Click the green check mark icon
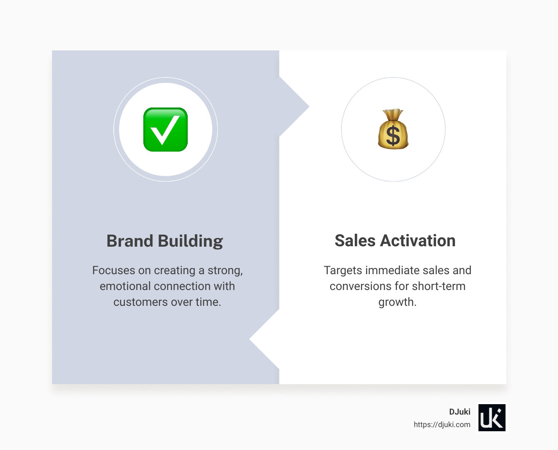pyautogui.click(x=165, y=130)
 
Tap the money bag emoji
pyautogui.click(x=393, y=130)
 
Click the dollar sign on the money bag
pyautogui.click(x=393, y=136)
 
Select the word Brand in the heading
pyautogui.click(x=130, y=241)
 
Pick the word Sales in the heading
pyautogui.click(x=355, y=240)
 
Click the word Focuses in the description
pyautogui.click(x=113, y=270)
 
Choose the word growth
pyautogui.click(x=397, y=302)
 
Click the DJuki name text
pyautogui.click(x=459, y=412)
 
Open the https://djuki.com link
pyautogui.click(x=442, y=425)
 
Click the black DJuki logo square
pyautogui.click(x=492, y=417)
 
